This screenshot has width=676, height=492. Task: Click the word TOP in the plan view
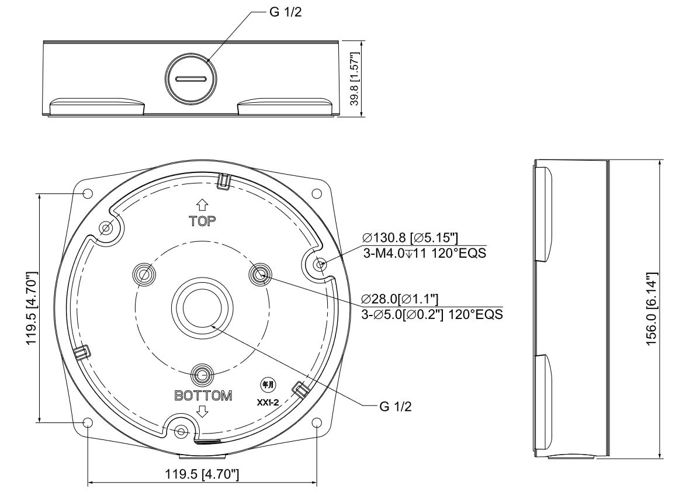[x=202, y=221]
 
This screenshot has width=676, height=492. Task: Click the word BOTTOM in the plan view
[x=203, y=396]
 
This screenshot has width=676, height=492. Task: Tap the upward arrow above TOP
[x=202, y=205]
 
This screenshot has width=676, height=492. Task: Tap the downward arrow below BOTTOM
[x=202, y=411]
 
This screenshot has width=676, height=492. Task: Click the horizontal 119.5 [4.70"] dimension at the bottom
[x=202, y=474]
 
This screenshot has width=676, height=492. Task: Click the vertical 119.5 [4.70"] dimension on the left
[x=32, y=308]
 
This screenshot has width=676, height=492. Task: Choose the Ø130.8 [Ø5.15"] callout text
[x=410, y=238]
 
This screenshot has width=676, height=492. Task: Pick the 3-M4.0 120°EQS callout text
[x=425, y=253]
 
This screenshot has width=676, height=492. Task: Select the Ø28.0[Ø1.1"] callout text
[x=400, y=299]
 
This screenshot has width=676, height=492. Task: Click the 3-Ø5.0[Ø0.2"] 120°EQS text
[x=432, y=314]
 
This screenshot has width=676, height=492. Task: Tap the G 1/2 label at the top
[x=285, y=12]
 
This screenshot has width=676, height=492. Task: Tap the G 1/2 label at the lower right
[x=396, y=406]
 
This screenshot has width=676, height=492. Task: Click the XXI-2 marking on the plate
[x=268, y=403]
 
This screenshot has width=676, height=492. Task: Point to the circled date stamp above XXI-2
[x=268, y=385]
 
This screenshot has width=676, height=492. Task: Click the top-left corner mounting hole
[x=88, y=193]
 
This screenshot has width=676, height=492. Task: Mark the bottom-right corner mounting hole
[x=317, y=422]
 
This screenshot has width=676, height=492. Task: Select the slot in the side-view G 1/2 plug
[x=192, y=79]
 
